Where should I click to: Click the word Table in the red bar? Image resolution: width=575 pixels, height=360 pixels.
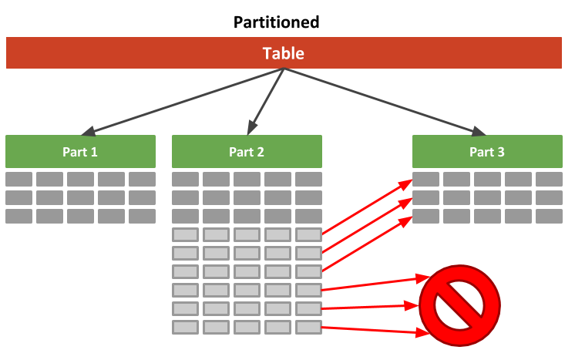[283, 53]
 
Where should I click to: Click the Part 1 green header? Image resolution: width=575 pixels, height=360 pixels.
[80, 152]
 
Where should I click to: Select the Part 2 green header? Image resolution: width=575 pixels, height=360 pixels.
[247, 152]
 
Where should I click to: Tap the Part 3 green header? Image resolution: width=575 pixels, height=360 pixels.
[487, 152]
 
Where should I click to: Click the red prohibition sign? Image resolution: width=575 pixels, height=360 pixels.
[459, 305]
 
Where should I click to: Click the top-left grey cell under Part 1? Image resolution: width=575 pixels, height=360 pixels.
[19, 179]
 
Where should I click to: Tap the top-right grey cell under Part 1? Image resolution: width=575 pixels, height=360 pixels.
[142, 179]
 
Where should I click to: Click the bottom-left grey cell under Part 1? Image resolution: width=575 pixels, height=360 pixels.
[19, 216]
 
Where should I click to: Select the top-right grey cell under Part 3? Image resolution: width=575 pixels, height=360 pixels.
[549, 179]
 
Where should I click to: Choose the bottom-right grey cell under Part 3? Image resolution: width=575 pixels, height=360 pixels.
[549, 216]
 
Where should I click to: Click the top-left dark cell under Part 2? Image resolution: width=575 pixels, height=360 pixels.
[185, 179]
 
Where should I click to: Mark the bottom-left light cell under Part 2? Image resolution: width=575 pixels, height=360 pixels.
[185, 327]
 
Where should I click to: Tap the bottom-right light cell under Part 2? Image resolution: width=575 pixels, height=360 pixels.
[308, 327]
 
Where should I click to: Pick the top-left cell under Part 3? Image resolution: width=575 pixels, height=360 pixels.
[426, 179]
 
